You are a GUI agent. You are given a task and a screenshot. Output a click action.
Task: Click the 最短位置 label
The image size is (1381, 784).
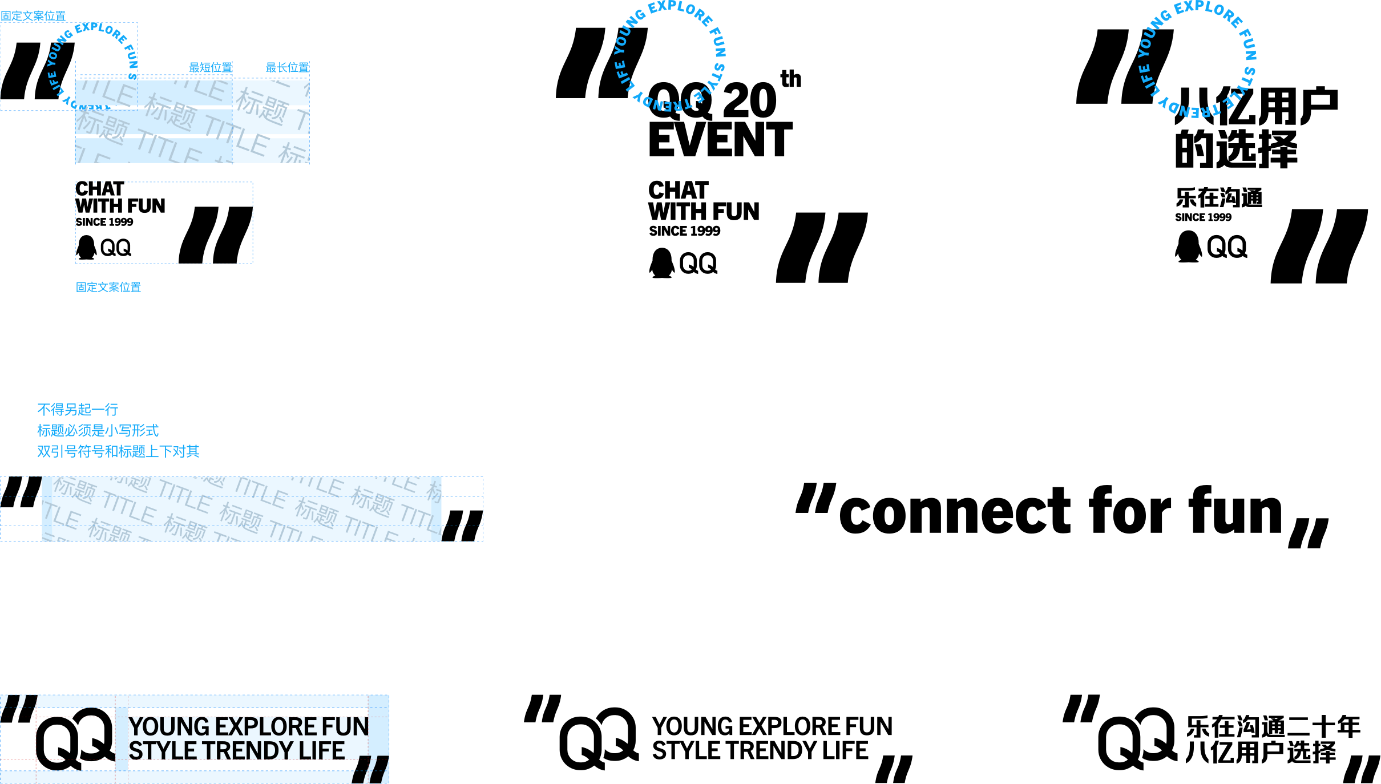(211, 67)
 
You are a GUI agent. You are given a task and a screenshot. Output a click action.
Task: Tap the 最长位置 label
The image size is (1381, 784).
(287, 67)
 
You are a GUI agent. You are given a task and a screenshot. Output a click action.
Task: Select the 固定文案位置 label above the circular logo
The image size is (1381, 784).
(33, 16)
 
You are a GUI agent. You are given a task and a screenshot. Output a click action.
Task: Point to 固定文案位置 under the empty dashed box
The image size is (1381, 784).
(108, 287)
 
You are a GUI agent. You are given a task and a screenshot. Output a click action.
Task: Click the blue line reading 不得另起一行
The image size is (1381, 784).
(78, 410)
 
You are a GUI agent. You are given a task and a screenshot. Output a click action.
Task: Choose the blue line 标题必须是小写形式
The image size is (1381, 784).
(98, 431)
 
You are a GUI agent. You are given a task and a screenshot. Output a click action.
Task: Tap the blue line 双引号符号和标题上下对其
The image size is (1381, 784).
(118, 452)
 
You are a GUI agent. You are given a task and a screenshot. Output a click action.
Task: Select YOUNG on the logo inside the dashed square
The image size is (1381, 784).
(59, 48)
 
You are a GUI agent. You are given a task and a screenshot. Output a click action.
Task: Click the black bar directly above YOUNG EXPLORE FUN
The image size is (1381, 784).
(248, 712)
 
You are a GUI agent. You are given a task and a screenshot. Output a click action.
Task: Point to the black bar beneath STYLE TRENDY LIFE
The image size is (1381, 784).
(240, 766)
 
